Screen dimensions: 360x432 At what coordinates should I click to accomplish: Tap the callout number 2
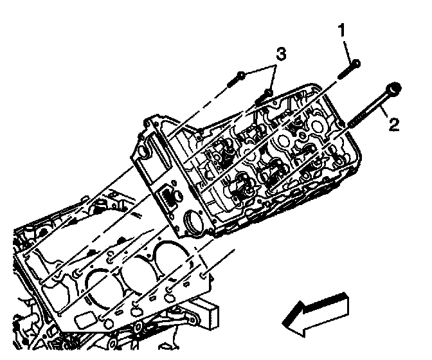coord(393,122)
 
